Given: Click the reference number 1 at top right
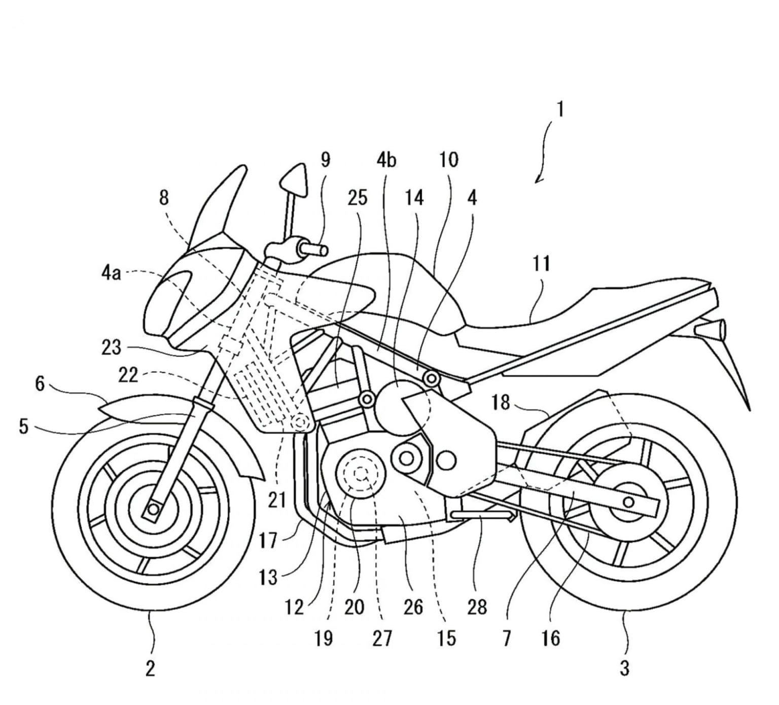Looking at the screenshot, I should click(560, 110).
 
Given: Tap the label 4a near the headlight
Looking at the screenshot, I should click(111, 273).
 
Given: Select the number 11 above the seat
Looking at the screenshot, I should click(541, 264).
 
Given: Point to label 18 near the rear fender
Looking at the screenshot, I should click(501, 403).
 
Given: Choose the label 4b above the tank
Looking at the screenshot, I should click(386, 160).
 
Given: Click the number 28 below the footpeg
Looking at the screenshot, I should click(477, 607).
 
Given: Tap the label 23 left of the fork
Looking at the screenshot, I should click(111, 348).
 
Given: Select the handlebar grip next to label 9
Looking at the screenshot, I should click(314, 250).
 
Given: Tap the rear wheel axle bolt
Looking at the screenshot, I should click(628, 502).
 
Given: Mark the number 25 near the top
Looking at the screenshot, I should click(357, 198).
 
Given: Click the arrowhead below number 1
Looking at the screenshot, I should click(539, 179).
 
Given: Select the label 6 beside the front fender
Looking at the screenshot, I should click(40, 384).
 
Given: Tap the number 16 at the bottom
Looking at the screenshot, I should click(550, 638).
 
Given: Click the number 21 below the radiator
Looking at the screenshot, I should click(277, 501).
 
